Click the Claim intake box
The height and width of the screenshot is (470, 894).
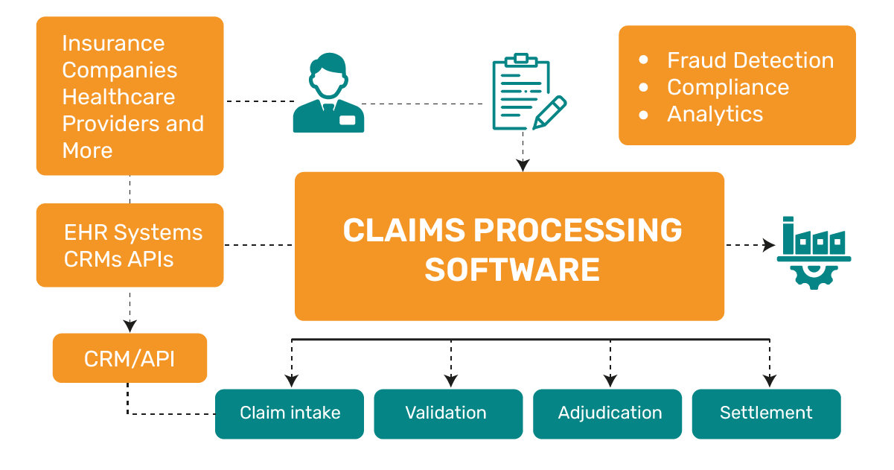point(290,413)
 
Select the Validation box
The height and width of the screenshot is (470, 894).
point(446,413)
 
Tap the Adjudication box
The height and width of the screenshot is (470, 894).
point(610,413)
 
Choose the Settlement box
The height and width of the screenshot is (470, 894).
point(766,413)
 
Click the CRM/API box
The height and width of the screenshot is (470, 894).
point(130,358)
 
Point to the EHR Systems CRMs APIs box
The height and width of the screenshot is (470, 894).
point(130,245)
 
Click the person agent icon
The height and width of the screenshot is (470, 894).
point(328,95)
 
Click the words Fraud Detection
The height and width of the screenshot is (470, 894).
point(750,60)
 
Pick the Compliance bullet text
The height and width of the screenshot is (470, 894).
point(727,87)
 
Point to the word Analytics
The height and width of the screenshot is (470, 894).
point(715,114)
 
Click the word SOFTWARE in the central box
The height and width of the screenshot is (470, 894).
point(512,269)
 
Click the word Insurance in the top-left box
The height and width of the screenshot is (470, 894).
point(113,43)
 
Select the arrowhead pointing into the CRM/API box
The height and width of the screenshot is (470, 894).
point(130,326)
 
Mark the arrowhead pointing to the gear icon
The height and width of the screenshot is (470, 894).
point(770,245)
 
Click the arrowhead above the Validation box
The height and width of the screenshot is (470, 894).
point(451,381)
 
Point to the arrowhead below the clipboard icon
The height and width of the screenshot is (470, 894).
point(523,165)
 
